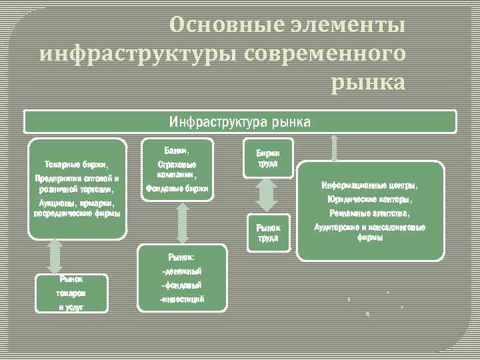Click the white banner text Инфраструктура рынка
239,122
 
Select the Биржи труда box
267,159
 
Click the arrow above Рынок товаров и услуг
55,255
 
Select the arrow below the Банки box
180,223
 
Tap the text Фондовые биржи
177,189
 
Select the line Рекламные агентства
370,214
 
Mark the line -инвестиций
182,299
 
